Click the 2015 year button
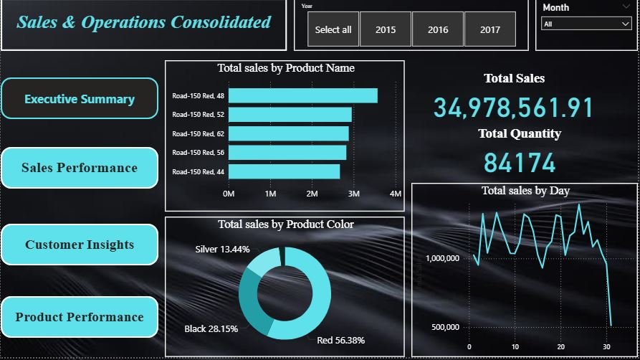(386, 29)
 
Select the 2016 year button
(438, 29)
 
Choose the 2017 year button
(490, 29)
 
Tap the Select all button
(333, 29)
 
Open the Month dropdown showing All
(586, 24)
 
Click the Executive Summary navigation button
(80, 99)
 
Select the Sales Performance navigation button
(80, 168)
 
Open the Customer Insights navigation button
(80, 245)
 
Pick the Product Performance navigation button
(80, 317)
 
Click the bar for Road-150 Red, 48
(302, 95)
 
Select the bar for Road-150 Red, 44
(284, 171)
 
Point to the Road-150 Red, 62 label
(198, 133)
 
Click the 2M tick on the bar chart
(312, 194)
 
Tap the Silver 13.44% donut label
(222, 250)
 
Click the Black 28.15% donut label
(211, 328)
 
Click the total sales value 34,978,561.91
(514, 108)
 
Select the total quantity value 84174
(520, 163)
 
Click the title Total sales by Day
(526, 191)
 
